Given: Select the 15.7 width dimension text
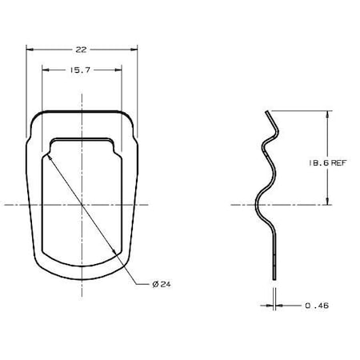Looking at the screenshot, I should click(82, 70).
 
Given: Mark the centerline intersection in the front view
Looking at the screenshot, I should click(82, 205).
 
